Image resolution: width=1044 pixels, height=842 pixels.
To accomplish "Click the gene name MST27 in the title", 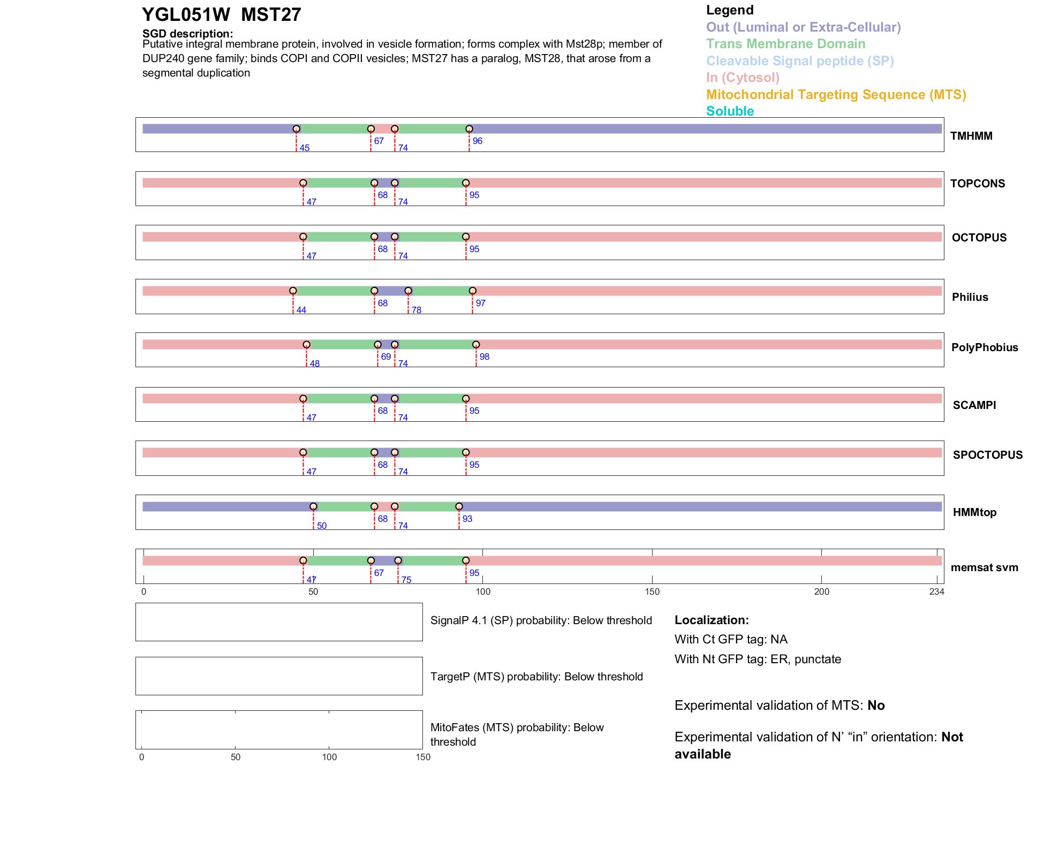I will [271, 14].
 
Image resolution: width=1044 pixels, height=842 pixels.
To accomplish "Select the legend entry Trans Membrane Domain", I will [785, 44].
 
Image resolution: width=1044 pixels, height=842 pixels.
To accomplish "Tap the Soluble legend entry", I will [730, 111].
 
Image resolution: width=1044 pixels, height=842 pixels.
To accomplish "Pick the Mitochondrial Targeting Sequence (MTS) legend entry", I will [836, 95].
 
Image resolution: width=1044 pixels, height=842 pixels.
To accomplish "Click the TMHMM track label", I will [971, 136].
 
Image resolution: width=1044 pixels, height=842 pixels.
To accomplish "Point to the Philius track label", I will [970, 297].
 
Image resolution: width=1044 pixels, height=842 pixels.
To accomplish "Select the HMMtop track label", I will [974, 512].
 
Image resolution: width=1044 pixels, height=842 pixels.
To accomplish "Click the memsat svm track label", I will [984, 567].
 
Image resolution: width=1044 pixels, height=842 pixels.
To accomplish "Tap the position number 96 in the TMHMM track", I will [478, 141].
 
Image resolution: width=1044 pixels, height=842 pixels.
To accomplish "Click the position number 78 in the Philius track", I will [417, 310].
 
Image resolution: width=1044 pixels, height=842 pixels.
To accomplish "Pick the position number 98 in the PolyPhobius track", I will [485, 356].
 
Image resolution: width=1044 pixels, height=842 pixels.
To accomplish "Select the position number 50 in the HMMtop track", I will [322, 526].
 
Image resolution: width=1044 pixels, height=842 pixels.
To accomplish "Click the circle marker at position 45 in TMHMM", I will [296, 129].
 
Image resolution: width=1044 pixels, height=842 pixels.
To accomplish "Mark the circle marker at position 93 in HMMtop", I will [459, 506].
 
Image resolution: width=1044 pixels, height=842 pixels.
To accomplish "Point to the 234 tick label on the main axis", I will [936, 591].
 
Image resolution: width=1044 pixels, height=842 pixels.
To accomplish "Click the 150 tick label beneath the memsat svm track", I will [652, 591].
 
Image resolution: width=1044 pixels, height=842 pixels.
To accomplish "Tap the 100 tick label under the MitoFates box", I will [329, 757].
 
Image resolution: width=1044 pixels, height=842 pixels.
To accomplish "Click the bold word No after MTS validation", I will [876, 706].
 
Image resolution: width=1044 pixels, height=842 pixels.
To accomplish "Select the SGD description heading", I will [187, 34].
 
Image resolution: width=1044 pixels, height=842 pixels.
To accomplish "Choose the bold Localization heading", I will [712, 620].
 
